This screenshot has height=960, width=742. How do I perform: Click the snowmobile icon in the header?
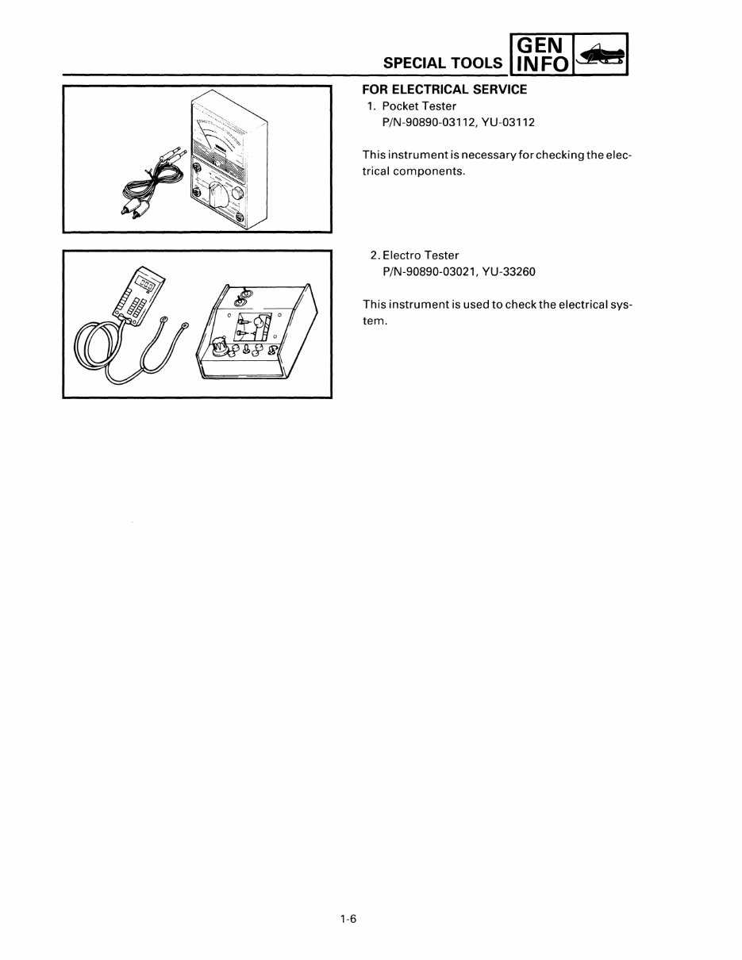(601, 56)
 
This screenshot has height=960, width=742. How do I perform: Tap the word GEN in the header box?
(543, 47)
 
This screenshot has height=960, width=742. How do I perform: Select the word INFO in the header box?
(543, 65)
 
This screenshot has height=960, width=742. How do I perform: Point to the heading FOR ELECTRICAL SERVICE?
(444, 90)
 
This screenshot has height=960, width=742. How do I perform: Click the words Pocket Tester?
(419, 106)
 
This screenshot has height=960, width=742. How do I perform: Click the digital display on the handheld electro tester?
(146, 279)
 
